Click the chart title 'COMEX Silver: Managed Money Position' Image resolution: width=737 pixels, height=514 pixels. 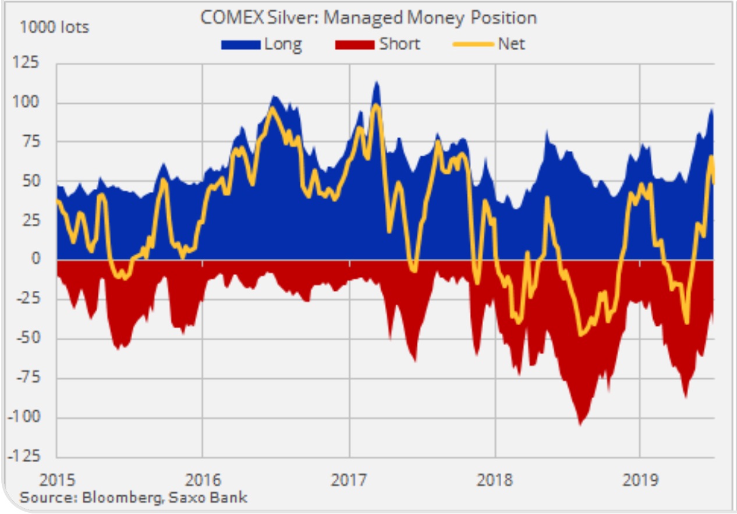click(x=368, y=17)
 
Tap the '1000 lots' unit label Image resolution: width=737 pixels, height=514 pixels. click(x=55, y=27)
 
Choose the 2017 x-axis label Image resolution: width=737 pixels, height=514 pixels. click(x=349, y=481)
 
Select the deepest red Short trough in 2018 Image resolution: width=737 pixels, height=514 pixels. click(x=580, y=424)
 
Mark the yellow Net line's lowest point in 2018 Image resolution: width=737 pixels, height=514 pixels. click(x=580, y=335)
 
